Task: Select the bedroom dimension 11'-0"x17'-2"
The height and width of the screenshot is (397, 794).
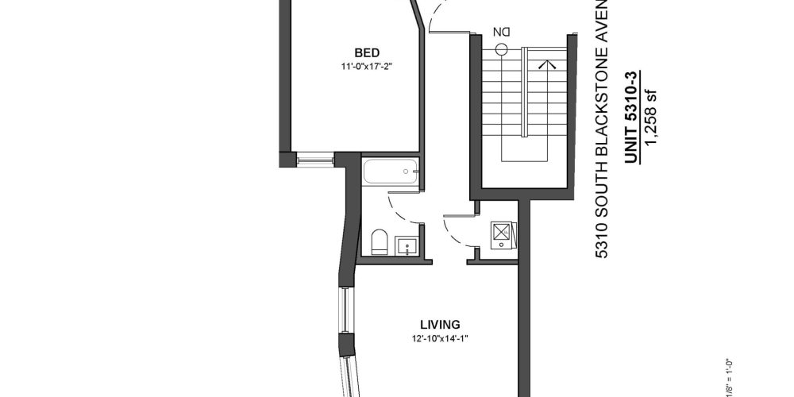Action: [353, 67]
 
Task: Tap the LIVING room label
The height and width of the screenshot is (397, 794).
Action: [441, 324]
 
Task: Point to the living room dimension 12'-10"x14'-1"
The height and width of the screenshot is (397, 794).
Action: [441, 339]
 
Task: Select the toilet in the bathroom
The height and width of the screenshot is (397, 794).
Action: [379, 241]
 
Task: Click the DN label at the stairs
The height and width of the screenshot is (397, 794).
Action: [501, 32]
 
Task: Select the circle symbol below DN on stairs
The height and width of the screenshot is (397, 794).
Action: [501, 48]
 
